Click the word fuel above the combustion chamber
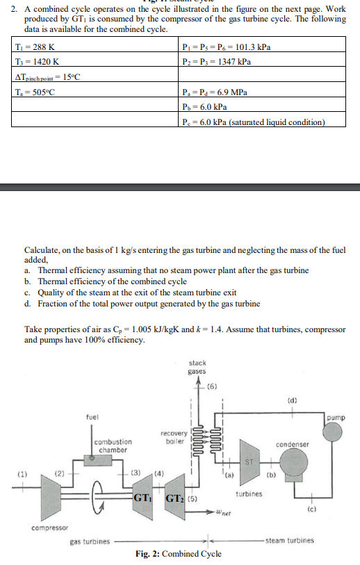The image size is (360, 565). click(x=92, y=417)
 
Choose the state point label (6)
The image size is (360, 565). click(x=213, y=386)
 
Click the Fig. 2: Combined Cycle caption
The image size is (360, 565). click(x=178, y=553)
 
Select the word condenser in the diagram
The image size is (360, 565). click(x=292, y=443)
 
